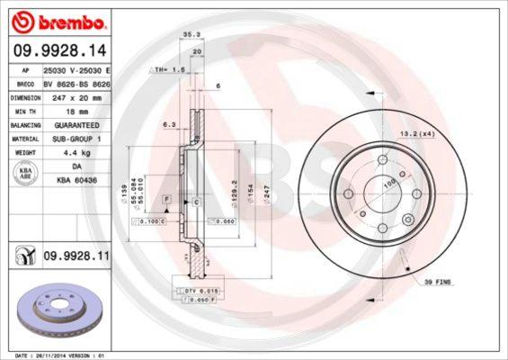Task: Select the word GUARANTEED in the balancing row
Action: coord(74,125)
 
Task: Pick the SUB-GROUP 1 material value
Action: coord(76,139)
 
